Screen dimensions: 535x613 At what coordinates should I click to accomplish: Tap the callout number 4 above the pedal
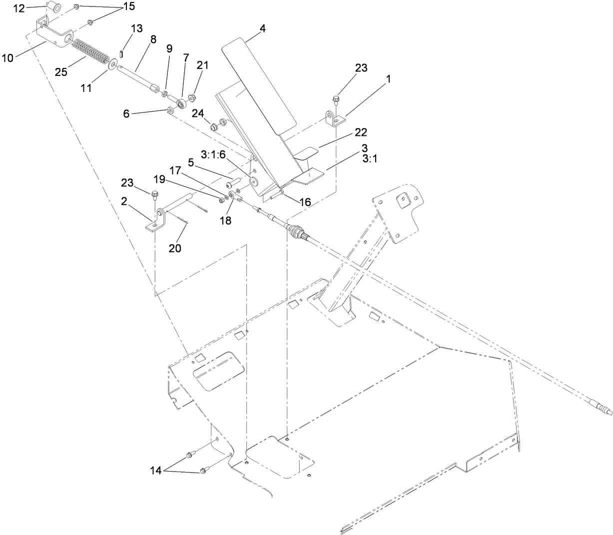[x=262, y=28]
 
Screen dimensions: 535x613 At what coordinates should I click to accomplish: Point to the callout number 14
[x=156, y=470]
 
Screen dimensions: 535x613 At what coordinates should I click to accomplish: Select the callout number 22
[x=360, y=132]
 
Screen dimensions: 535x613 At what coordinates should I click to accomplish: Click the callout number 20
[x=175, y=248]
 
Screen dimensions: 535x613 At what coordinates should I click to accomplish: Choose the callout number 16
[x=304, y=202]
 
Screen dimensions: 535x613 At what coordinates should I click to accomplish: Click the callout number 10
[x=7, y=57]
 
